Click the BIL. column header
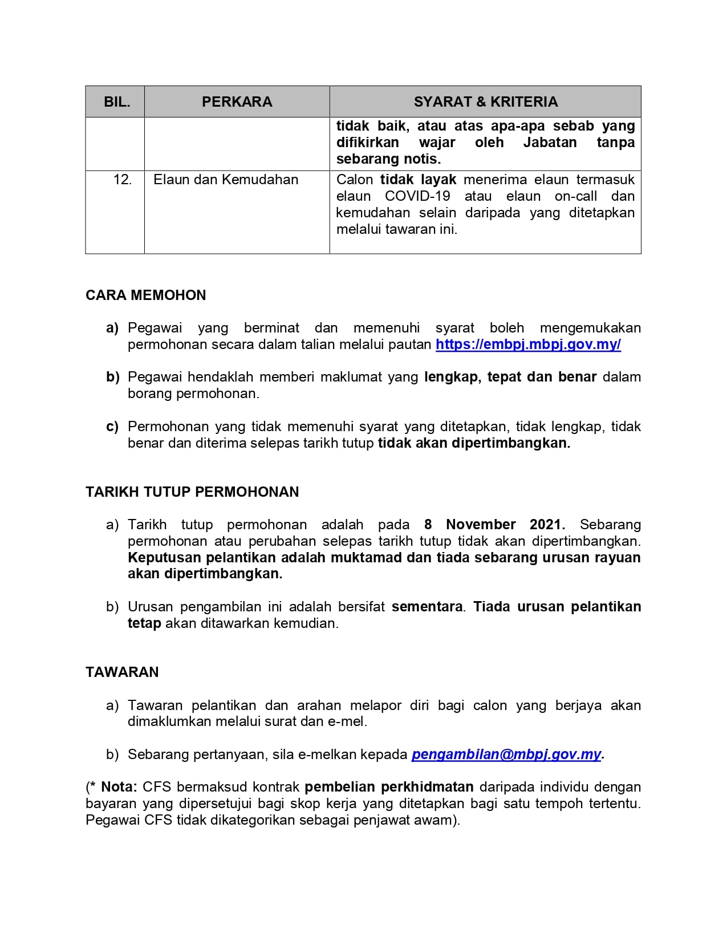(117, 102)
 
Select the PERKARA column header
(237, 102)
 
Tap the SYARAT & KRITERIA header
(485, 102)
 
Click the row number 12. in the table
(123, 180)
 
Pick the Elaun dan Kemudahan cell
(226, 180)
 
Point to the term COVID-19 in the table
(417, 196)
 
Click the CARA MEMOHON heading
(146, 295)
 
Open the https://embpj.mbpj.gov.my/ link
(528, 344)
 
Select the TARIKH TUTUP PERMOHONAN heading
(192, 492)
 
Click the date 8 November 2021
(494, 525)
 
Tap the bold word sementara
(427, 607)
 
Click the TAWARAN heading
(122, 672)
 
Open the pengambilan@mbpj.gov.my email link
(506, 755)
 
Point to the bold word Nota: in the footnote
(119, 787)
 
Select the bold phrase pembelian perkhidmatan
(389, 787)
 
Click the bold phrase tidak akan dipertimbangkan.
(474, 443)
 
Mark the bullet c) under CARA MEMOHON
(112, 427)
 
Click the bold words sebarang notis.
(388, 159)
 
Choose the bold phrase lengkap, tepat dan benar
(510, 377)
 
